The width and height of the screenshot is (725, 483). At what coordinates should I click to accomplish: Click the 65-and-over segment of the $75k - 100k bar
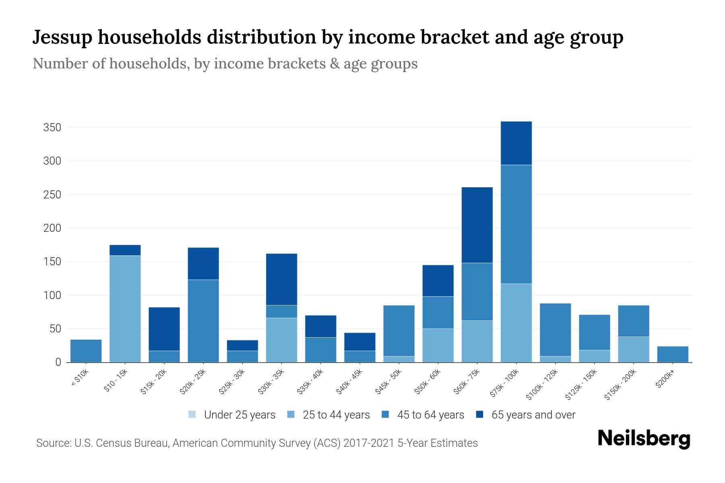[x=516, y=143]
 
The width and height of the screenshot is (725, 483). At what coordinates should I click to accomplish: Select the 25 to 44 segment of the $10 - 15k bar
[x=125, y=309]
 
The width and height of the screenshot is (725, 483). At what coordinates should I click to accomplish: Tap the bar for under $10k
[x=86, y=351]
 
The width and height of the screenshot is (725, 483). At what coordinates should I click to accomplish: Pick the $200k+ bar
[x=672, y=354]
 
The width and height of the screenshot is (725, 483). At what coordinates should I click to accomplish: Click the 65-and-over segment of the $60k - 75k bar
[x=477, y=225]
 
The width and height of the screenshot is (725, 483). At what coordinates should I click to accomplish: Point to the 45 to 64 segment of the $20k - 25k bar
[x=203, y=321]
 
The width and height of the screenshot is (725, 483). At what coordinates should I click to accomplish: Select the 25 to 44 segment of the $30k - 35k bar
[x=282, y=340]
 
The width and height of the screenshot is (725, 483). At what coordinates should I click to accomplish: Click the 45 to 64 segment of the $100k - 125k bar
[x=555, y=330]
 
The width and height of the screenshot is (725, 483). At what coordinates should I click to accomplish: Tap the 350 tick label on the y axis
[x=52, y=128]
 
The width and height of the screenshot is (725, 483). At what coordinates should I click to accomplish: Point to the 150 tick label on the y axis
[x=52, y=262]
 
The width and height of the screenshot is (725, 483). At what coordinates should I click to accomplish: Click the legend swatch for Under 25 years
[x=193, y=415]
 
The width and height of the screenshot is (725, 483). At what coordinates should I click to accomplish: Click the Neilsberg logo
[x=644, y=439]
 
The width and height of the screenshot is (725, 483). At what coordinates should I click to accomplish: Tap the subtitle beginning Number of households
[x=225, y=64]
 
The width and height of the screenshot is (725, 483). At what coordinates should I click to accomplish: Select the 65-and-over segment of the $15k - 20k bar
[x=164, y=329]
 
